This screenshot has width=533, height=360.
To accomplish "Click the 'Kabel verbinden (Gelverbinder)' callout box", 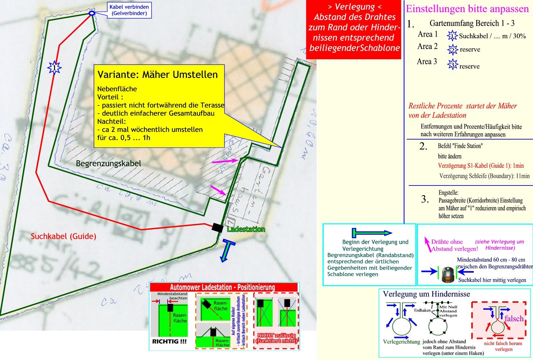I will coord(129,10).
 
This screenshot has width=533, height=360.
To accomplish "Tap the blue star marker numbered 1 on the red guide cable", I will coord(55,68).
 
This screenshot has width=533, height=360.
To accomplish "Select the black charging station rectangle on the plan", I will coord(218,227).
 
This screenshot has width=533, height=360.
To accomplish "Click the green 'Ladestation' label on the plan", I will coord(246,229).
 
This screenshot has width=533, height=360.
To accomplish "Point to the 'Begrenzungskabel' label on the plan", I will coord(108,164).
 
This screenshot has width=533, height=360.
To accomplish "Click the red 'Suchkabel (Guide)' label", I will coord(63,236).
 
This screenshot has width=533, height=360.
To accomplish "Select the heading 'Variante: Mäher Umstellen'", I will coord(157,74).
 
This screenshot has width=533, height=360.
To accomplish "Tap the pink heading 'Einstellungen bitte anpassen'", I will coord(467,9).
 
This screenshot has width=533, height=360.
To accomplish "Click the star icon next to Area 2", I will coord(452,49).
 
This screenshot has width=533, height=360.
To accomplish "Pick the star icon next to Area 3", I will coord(452,64).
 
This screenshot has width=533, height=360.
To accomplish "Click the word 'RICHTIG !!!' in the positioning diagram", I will coord(169,341).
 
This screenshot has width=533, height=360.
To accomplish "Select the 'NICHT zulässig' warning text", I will coord(276,338).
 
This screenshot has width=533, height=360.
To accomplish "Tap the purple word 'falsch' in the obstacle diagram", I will coord(514,319).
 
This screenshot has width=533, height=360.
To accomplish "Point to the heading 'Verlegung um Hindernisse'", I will coord(426,294).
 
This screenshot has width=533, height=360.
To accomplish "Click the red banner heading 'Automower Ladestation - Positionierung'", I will coord(222,287).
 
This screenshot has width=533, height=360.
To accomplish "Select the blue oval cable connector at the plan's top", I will coord(92,13).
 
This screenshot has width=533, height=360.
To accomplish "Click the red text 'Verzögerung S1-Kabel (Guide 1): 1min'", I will coord(481,166).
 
